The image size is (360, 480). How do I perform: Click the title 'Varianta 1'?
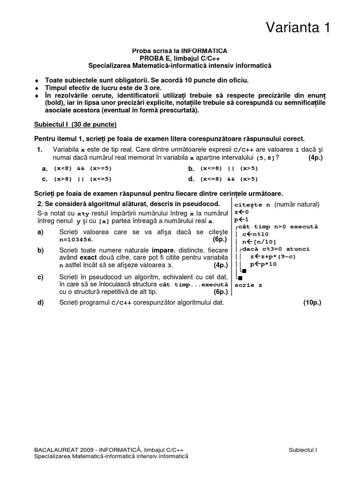pos(298,28)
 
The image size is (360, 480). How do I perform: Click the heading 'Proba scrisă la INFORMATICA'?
pos(180,50)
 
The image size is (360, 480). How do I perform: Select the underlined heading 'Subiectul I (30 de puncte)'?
pos(75,125)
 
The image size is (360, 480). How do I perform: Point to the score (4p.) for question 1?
pos(315,157)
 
